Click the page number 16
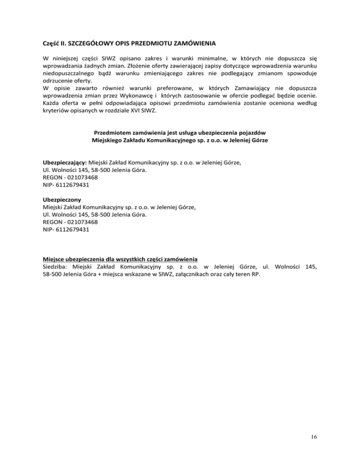(x=314, y=437)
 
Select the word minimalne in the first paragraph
(x=189, y=59)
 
